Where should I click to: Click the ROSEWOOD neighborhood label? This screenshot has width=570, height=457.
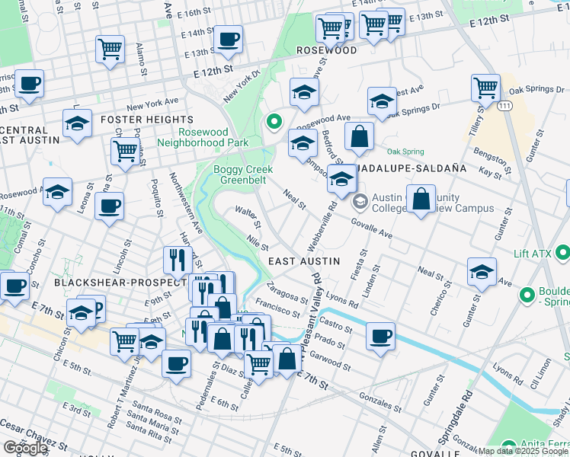point(326,50)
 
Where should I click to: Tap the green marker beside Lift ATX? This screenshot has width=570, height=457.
point(563,251)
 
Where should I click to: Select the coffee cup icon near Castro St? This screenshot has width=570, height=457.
point(380,335)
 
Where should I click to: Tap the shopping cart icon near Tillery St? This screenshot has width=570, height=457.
point(485,87)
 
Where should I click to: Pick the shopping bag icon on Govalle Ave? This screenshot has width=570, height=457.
point(421,199)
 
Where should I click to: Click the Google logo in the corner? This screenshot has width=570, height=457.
point(24,448)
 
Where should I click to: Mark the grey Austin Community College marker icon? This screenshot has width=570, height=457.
point(360,203)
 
